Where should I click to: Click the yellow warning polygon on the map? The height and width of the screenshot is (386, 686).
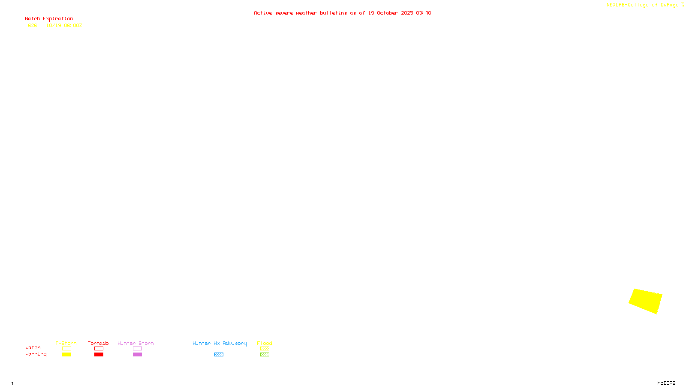pos(646,301)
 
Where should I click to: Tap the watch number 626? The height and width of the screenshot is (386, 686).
pos(33,25)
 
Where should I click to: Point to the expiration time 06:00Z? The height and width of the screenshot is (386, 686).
pos(73,25)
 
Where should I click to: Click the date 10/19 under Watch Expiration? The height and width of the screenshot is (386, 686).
pos(54,25)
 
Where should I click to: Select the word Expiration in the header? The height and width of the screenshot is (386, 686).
pos(58,19)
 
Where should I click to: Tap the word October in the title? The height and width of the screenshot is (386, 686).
pos(387,13)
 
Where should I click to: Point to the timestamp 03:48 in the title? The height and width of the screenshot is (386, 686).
pos(423,13)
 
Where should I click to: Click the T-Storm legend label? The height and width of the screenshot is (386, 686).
pos(66,343)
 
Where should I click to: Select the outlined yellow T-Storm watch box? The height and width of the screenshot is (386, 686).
pos(66,349)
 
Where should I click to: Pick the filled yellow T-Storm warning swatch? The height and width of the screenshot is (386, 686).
pos(66,355)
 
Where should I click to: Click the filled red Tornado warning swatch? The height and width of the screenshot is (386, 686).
pos(99,355)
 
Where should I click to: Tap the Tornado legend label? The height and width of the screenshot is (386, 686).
pos(98,343)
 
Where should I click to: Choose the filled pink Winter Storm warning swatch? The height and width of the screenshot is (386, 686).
pos(137,355)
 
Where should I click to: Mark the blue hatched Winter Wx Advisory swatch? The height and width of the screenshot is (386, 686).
pos(219,355)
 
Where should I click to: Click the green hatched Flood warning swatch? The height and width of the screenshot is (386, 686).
pos(265,355)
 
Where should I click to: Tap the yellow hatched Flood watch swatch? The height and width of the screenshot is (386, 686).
pos(265,349)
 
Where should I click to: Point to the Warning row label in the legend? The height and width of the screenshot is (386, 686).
pos(36,354)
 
